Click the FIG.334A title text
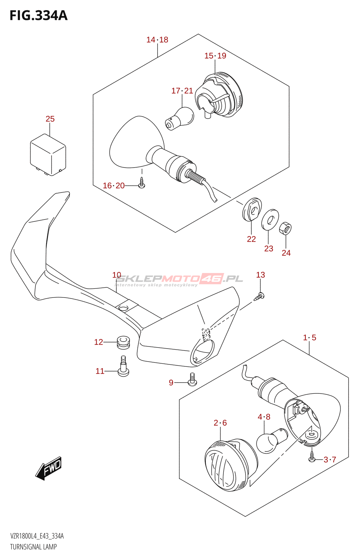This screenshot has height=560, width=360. click(39, 15)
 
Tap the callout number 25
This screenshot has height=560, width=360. click(50, 119)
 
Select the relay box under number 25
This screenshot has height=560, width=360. click(48, 155)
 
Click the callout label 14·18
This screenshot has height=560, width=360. click(157, 40)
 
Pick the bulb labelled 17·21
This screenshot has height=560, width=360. click(180, 119)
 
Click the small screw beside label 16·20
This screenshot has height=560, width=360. click(141, 183)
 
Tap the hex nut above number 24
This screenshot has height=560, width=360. click(285, 229)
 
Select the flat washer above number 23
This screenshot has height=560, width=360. click(270, 220)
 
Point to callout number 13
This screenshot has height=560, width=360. click(261, 275)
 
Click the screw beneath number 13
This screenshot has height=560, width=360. click(259, 296)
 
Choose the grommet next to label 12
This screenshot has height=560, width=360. click(123, 342)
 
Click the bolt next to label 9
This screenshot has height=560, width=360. click(192, 379)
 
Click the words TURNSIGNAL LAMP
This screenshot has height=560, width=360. click(33, 547)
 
